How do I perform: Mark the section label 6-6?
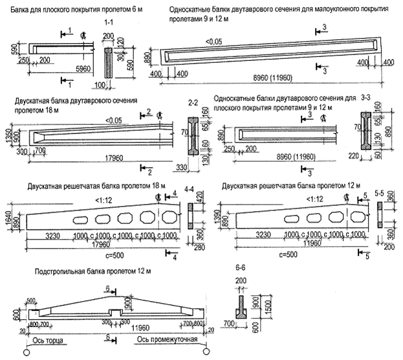pyautogui.click(x=242, y=267)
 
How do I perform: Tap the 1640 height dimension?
pyautogui.click(x=7, y=216)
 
